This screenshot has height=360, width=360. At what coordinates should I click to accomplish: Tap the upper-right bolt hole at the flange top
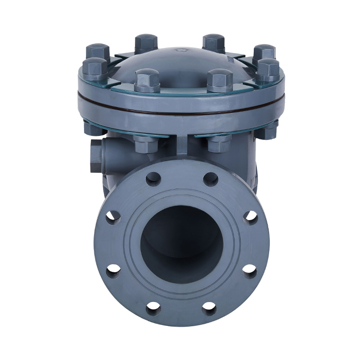tap(210, 179)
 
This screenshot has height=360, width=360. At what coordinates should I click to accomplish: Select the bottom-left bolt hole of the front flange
tap(153, 307)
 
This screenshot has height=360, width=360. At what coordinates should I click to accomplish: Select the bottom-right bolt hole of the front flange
tap(209, 307)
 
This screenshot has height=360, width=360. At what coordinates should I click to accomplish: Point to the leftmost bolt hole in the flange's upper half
tap(113, 216)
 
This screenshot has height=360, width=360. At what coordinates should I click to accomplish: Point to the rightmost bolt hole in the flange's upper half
tap(250, 216)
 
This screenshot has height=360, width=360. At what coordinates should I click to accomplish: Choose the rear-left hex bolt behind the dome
tap(146, 43)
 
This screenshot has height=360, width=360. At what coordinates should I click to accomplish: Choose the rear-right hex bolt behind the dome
tap(213, 42)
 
